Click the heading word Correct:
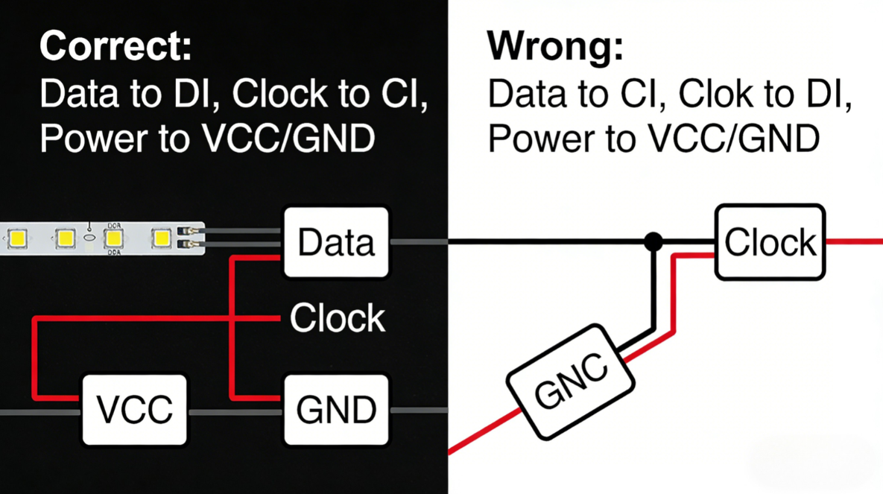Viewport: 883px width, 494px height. [x=115, y=46]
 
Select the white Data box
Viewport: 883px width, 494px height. [x=337, y=242]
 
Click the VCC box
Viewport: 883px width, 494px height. [x=135, y=410]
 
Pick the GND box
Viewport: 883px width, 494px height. [x=337, y=410]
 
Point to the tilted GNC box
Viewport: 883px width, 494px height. [x=572, y=381]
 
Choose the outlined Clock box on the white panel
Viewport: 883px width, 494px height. [x=770, y=243]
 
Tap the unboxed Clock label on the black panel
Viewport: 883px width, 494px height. [x=338, y=318]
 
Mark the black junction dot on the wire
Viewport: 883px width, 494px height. [x=653, y=241]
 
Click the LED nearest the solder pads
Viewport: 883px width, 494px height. [x=162, y=238]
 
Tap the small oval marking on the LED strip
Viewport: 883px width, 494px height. [x=89, y=238]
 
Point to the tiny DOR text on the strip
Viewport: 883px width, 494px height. [x=114, y=224]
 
